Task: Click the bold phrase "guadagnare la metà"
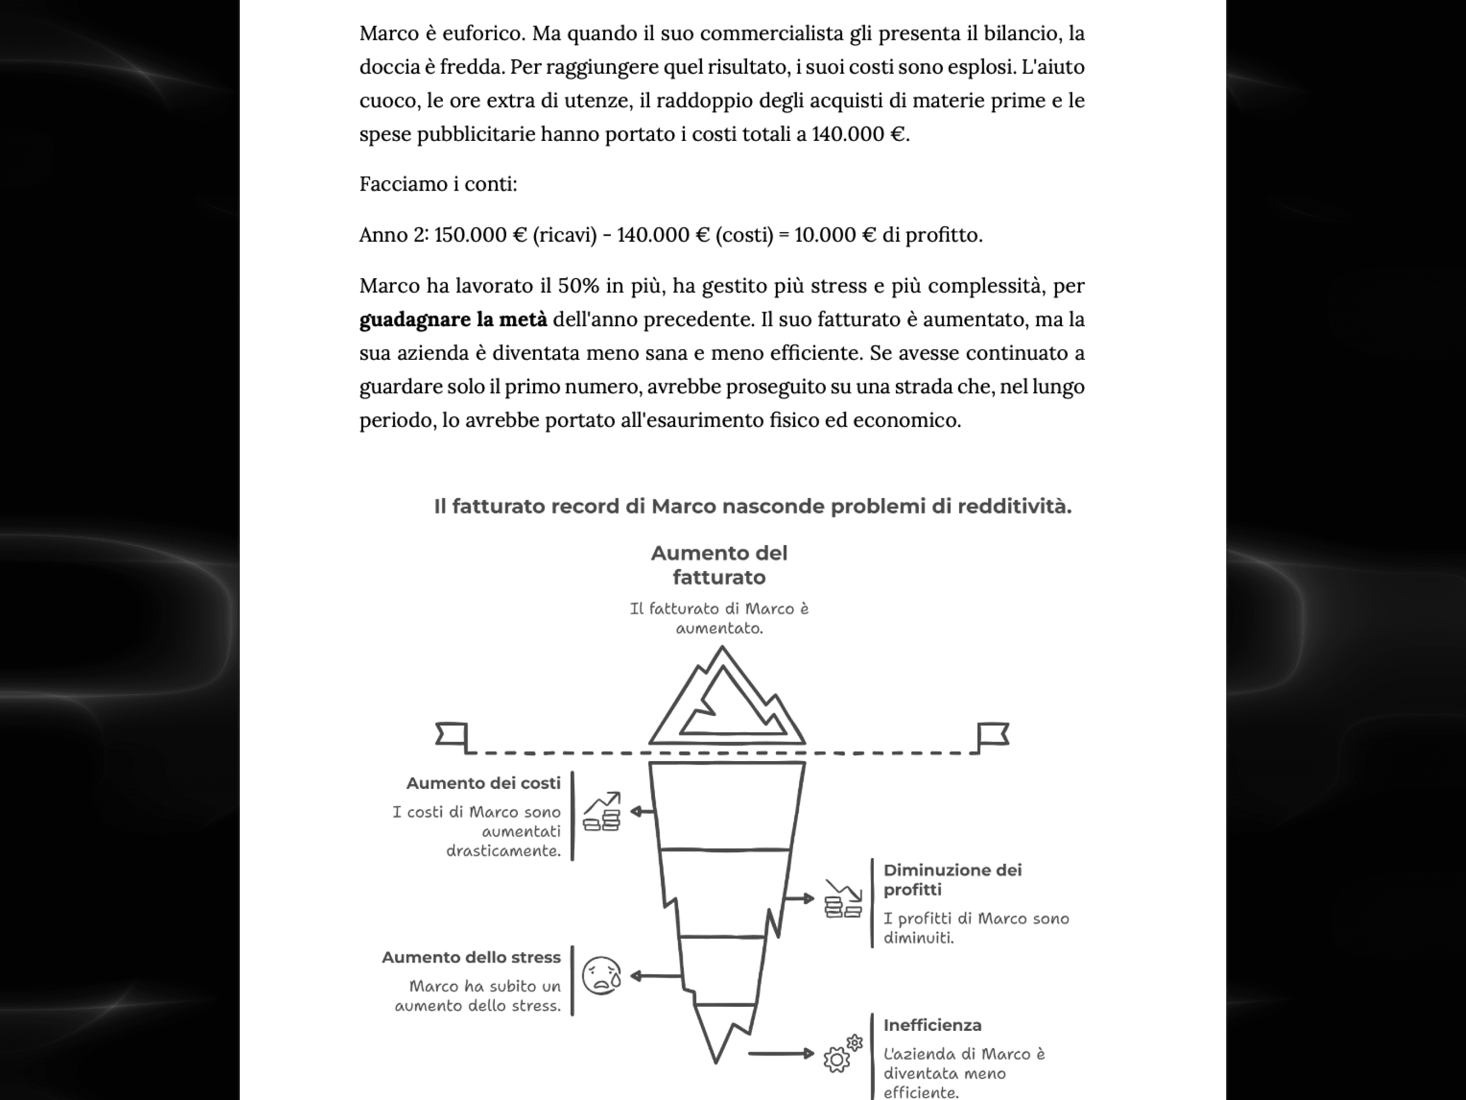coord(453,320)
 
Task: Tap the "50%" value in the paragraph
coord(578,286)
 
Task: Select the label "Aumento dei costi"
coord(483,783)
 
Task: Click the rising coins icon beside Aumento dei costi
coord(602,812)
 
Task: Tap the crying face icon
coord(601,976)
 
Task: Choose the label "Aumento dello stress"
coord(471,958)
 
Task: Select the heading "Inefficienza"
coord(932,1025)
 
